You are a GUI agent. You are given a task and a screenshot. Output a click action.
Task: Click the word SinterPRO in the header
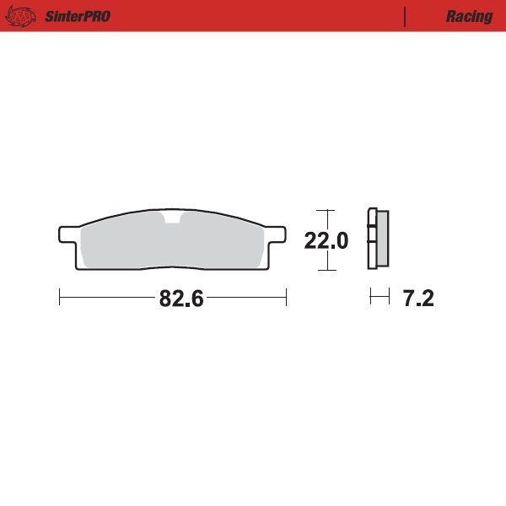[x=77, y=16]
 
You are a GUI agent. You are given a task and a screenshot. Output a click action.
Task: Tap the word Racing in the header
[x=469, y=16]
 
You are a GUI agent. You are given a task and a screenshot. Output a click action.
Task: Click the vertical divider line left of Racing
[x=406, y=16]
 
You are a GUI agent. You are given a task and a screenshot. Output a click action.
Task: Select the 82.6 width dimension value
[x=182, y=299]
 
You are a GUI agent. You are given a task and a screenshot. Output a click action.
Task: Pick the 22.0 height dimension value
[x=326, y=241]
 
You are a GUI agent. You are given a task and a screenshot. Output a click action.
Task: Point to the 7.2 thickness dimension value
[x=417, y=299]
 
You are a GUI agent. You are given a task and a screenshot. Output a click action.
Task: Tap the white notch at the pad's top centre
[x=172, y=221]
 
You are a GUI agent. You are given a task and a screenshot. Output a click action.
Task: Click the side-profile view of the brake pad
[x=378, y=240]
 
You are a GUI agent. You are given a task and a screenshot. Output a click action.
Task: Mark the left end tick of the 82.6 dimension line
[x=60, y=297]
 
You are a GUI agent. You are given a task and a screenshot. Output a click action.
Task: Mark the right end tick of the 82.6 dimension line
[x=287, y=297]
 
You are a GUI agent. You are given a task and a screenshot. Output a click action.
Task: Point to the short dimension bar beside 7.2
[x=379, y=297]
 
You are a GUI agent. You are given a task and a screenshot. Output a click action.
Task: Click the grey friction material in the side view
[x=382, y=240]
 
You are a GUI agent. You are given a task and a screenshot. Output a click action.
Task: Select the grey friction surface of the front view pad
[x=126, y=245]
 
